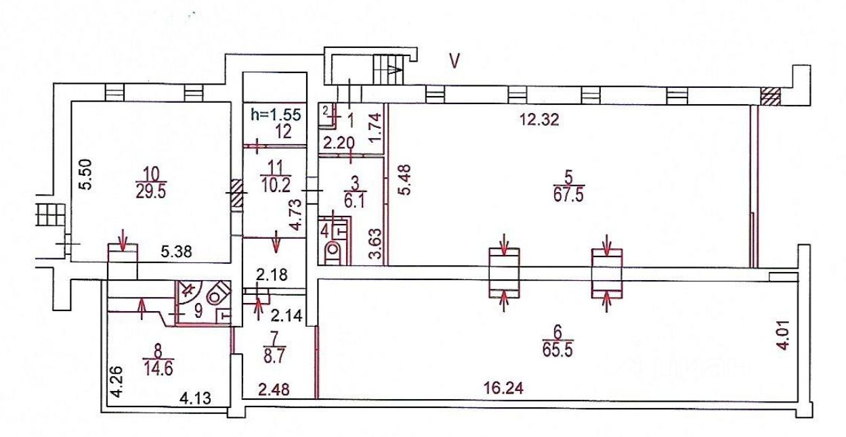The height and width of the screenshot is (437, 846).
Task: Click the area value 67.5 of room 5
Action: pyautogui.click(x=569, y=195)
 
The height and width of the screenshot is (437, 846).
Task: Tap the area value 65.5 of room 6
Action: pyautogui.click(x=558, y=350)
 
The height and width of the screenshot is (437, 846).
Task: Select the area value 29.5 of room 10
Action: pyautogui.click(x=150, y=191)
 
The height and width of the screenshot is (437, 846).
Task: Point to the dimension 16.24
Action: pyautogui.click(x=501, y=388)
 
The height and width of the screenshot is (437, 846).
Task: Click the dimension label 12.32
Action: pyautogui.click(x=539, y=120)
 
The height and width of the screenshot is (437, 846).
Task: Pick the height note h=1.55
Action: pyautogui.click(x=276, y=114)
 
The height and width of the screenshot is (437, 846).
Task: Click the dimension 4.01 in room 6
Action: pyautogui.click(x=784, y=336)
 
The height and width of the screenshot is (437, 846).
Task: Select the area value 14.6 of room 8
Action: pyautogui.click(x=158, y=368)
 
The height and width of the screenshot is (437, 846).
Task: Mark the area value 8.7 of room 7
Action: pyautogui.click(x=274, y=356)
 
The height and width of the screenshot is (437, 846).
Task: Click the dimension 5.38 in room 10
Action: pyautogui.click(x=177, y=252)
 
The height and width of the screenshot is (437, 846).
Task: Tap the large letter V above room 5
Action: pyautogui.click(x=454, y=61)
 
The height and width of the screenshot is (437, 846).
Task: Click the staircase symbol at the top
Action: pyautogui.click(x=389, y=70)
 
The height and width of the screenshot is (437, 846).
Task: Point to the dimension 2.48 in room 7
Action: pyautogui.click(x=274, y=389)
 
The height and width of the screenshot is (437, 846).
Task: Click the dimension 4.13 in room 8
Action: pyautogui.click(x=195, y=398)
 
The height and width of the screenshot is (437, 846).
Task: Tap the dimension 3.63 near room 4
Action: pyautogui.click(x=376, y=244)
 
